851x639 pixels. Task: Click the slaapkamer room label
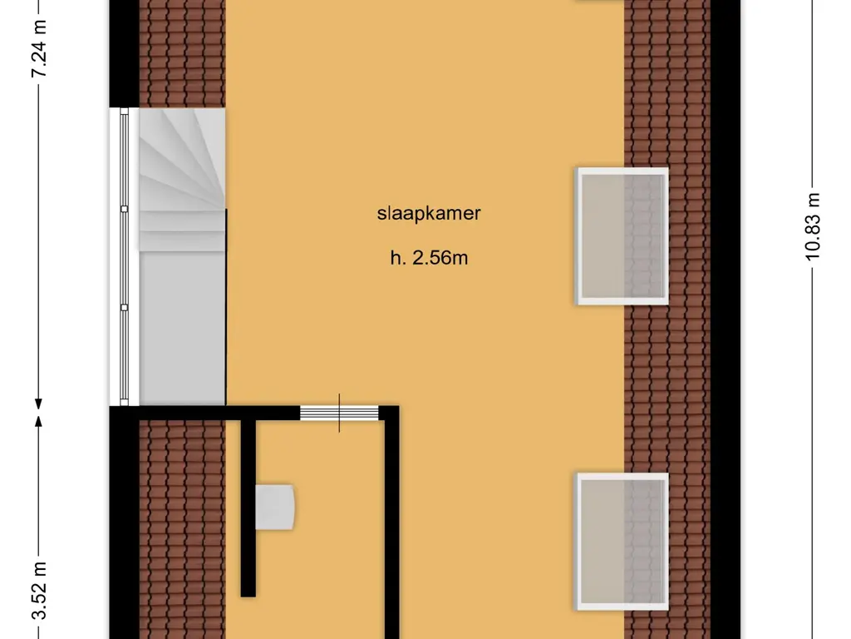tap(429, 214)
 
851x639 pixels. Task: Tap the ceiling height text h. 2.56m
tap(429, 258)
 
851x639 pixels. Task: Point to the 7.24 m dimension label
tap(38, 48)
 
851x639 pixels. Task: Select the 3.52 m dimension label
tap(38, 590)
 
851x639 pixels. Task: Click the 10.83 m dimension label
tap(813, 226)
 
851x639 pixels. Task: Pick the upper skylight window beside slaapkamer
tap(622, 236)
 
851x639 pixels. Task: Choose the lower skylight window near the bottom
tap(622, 542)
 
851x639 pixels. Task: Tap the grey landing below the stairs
tap(182, 329)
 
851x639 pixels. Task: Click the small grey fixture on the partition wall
tap(275, 507)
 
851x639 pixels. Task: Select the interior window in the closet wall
tap(339, 413)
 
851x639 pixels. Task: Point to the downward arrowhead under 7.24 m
tap(38, 404)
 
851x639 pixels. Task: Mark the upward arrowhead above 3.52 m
tap(38, 422)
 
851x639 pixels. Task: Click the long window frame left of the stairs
tap(125, 256)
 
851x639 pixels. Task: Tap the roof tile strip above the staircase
tap(182, 53)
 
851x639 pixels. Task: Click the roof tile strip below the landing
tap(182, 529)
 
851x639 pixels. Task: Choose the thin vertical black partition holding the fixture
tap(248, 508)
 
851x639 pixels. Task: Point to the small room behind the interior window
tap(320, 530)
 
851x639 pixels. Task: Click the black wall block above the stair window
tap(125, 53)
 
